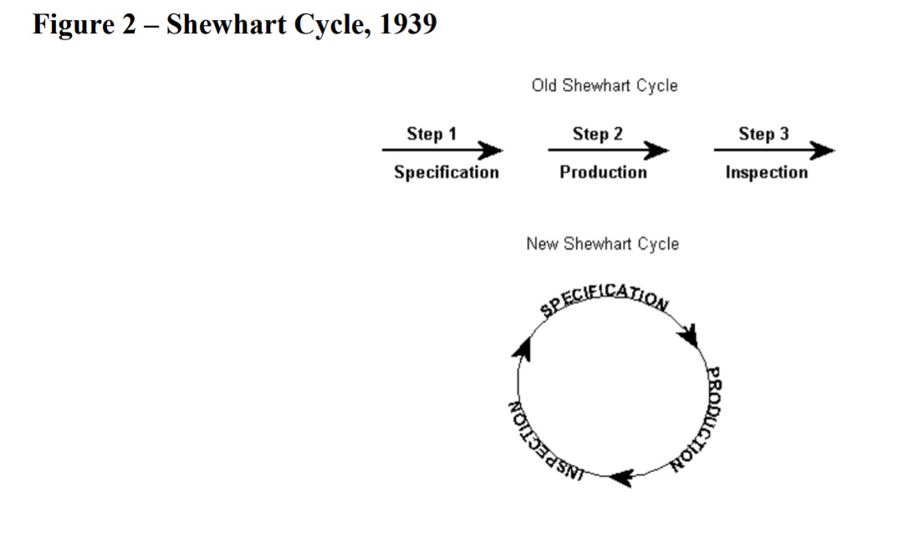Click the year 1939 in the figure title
[x=408, y=24]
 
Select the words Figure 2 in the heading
[x=84, y=25]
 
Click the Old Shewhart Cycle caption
[x=605, y=86]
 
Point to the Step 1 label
[x=431, y=135]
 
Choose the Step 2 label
[x=597, y=135]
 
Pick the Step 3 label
[x=763, y=135]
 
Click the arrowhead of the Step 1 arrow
[x=491, y=150]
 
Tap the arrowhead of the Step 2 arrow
[x=656, y=150]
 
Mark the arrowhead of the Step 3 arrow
[x=823, y=150]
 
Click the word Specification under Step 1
[x=446, y=173]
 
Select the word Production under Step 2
[x=603, y=172]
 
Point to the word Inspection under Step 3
[x=767, y=173]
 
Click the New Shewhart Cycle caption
[x=602, y=244]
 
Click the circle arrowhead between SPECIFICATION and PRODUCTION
[x=689, y=336]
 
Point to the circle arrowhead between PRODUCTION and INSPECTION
[x=622, y=478]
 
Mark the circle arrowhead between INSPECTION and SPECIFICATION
[x=523, y=349]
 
